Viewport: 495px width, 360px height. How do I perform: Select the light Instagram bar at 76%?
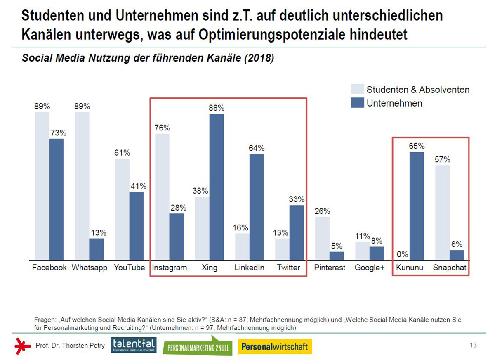coord(162,197)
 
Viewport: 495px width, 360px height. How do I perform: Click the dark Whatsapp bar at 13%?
coord(97,249)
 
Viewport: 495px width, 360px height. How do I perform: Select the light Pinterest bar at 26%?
coord(322,238)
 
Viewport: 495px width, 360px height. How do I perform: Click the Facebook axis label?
coord(49,268)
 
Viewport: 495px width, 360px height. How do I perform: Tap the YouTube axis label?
coord(129,268)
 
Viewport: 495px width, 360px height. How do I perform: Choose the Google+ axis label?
coord(369,268)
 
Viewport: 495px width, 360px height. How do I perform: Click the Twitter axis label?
coord(288,268)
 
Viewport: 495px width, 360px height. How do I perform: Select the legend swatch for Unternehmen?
coord(357,103)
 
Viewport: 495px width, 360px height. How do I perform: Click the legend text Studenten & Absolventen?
coord(418,90)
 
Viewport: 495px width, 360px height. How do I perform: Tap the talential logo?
coord(133,345)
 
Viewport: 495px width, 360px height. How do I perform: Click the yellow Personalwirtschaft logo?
coord(275,346)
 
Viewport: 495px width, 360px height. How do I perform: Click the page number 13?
coord(473,345)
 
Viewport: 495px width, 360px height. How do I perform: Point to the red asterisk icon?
coord(23,346)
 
